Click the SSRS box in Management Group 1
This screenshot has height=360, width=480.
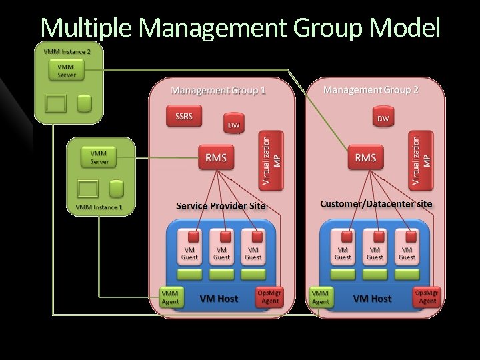[183, 117]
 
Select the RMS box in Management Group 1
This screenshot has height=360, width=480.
[216, 158]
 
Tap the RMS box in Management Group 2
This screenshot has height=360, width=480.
[365, 158]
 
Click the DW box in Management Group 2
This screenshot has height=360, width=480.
[383, 118]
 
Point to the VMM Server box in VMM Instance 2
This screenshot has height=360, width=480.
[66, 71]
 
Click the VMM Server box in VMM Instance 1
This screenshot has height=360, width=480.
[99, 157]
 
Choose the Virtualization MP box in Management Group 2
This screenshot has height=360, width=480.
[421, 160]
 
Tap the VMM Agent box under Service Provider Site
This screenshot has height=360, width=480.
[170, 297]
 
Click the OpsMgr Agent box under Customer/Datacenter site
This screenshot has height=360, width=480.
[427, 297]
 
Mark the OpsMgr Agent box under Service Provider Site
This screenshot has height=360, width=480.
[270, 297]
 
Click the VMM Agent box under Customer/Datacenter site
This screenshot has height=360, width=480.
[321, 297]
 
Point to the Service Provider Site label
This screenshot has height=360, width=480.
[220, 206]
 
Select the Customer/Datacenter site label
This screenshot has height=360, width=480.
[375, 204]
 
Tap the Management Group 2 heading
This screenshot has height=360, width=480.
[371, 89]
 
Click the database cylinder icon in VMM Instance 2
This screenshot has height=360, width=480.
[84, 103]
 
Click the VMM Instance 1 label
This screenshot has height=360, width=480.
[99, 207]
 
